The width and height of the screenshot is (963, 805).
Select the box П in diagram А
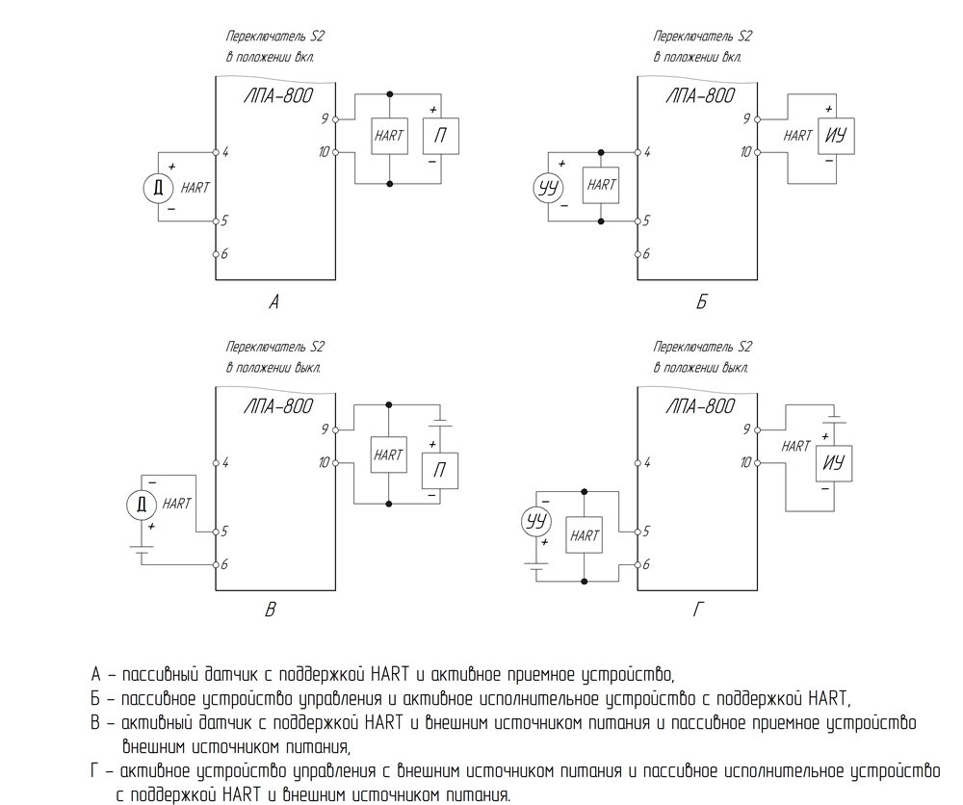click(x=440, y=136)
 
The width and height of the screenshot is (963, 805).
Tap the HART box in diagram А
click(x=389, y=136)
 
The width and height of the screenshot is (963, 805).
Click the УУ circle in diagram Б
click(x=548, y=187)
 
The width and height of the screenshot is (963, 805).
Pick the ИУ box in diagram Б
click(x=836, y=136)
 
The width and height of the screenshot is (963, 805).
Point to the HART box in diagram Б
click(x=601, y=185)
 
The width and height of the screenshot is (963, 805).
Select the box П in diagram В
click(x=440, y=471)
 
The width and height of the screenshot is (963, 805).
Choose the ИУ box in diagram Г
click(x=833, y=463)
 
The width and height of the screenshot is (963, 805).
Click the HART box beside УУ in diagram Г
click(x=584, y=536)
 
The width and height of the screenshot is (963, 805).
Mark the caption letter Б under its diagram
click(x=701, y=301)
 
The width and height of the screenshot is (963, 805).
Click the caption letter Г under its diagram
click(x=699, y=610)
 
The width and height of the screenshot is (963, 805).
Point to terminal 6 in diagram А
click(x=216, y=254)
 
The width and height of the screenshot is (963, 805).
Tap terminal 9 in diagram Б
click(x=757, y=119)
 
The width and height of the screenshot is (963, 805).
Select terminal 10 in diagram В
click(x=335, y=463)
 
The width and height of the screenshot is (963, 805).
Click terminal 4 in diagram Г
click(x=638, y=463)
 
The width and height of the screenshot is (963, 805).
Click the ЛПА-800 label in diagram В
click(x=278, y=406)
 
